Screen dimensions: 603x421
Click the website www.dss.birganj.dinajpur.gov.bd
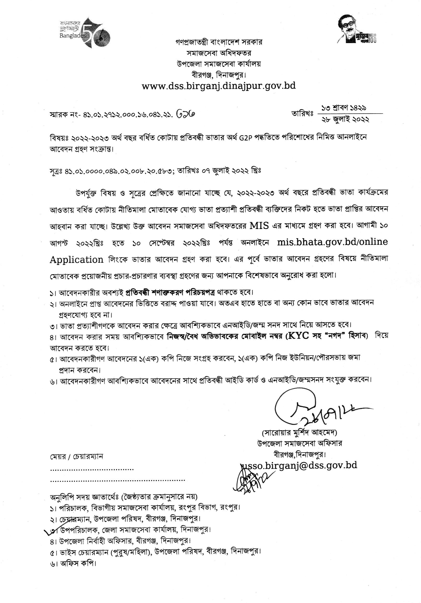coord(219,86)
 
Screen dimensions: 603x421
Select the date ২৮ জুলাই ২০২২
coord(345,120)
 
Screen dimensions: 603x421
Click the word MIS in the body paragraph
coord(259,226)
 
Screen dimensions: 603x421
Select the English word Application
coord(77,260)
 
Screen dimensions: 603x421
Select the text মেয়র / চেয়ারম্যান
coord(77,456)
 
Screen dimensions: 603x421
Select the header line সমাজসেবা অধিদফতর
coord(219,53)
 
